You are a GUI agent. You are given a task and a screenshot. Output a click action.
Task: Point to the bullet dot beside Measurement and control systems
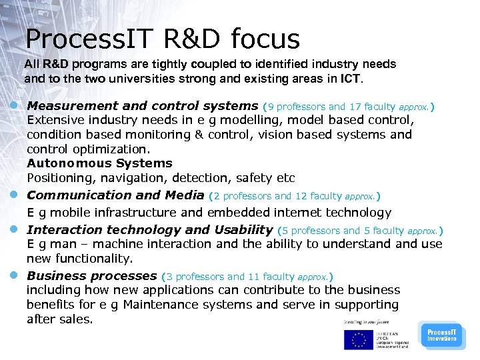(14, 106)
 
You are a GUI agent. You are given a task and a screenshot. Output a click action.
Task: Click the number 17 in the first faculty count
(355, 107)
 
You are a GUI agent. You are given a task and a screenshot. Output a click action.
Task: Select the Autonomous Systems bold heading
(99, 163)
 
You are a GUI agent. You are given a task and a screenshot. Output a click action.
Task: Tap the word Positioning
(57, 178)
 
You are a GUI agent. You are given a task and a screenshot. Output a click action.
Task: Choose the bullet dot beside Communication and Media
(14, 195)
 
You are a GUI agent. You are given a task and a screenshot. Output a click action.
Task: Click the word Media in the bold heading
(185, 195)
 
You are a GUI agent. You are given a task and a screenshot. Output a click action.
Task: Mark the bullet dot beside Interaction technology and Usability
(14, 230)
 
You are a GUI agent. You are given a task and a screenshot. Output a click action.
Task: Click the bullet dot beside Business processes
(14, 276)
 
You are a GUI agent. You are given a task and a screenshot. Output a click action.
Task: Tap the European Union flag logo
(358, 340)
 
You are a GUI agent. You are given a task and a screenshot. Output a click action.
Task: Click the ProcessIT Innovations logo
(441, 335)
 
